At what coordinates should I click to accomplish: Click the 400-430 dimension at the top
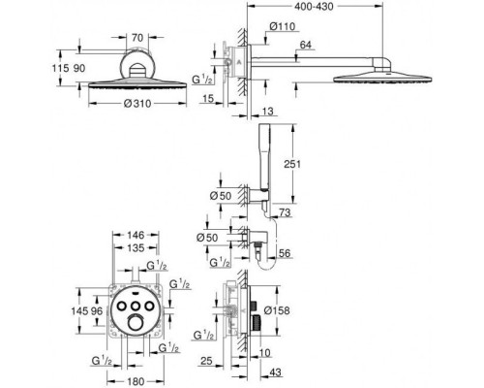coord(314,6)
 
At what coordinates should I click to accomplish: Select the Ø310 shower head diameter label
coord(137,104)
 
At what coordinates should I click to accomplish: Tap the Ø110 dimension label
coord(283,26)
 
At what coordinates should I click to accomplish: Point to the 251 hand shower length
coord(292,164)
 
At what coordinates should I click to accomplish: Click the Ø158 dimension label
coord(277,310)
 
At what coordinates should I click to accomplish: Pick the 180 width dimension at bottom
coord(136,381)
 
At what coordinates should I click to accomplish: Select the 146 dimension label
coord(136,235)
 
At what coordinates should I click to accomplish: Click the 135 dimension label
coord(136,248)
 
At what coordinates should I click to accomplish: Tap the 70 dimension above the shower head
coord(137,38)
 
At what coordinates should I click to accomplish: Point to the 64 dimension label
coord(306,45)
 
